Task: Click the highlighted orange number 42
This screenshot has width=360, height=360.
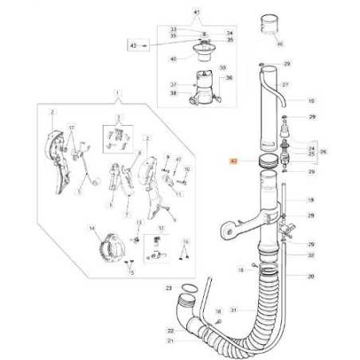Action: tap(233, 160)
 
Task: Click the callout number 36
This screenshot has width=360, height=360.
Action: tap(229, 78)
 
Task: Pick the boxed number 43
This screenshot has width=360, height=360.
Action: tap(133, 46)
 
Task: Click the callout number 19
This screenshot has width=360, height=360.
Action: tap(310, 200)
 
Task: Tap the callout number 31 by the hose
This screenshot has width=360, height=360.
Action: tap(233, 310)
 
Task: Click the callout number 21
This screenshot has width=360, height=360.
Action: tap(170, 341)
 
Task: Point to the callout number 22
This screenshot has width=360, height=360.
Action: tap(170, 330)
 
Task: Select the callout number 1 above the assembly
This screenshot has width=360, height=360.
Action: tap(117, 95)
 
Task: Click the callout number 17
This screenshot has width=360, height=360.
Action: tap(71, 127)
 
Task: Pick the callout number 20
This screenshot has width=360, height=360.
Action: tap(310, 277)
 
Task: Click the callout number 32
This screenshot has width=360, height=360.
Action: tap(310, 255)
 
